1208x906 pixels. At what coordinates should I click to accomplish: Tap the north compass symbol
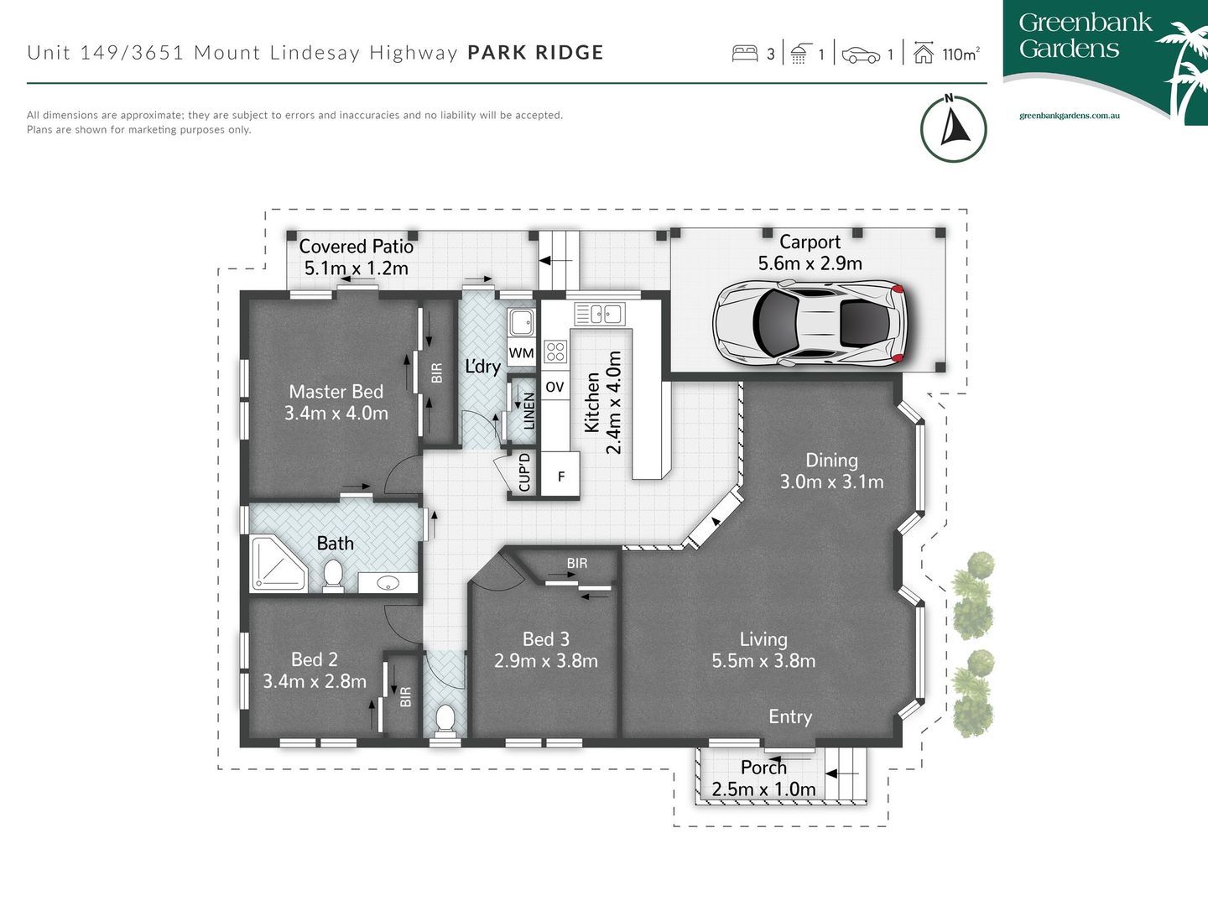tap(953, 128)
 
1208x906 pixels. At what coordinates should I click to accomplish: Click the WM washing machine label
tap(521, 353)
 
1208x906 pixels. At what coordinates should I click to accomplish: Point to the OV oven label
tap(555, 387)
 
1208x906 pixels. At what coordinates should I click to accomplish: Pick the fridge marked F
tap(560, 476)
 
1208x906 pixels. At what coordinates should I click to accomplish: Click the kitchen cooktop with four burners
tap(555, 351)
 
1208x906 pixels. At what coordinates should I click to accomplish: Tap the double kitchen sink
tap(599, 314)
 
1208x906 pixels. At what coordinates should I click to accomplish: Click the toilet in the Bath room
tap(333, 575)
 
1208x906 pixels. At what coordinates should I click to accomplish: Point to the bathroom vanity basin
tap(388, 582)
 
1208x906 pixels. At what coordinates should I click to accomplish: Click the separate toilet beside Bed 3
tap(445, 719)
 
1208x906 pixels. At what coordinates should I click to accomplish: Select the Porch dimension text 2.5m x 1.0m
tap(763, 789)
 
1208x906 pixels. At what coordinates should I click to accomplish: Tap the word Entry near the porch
tap(790, 716)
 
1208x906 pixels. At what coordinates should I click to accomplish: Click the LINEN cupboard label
tap(528, 410)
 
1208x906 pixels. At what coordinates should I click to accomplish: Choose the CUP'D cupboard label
tap(524, 472)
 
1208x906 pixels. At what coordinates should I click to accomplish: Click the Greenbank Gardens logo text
tap(1084, 36)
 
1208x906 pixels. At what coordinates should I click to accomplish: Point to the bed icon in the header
tap(745, 54)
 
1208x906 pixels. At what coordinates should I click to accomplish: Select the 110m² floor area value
tap(960, 55)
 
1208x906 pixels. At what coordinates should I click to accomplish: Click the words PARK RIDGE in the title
tap(535, 53)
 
